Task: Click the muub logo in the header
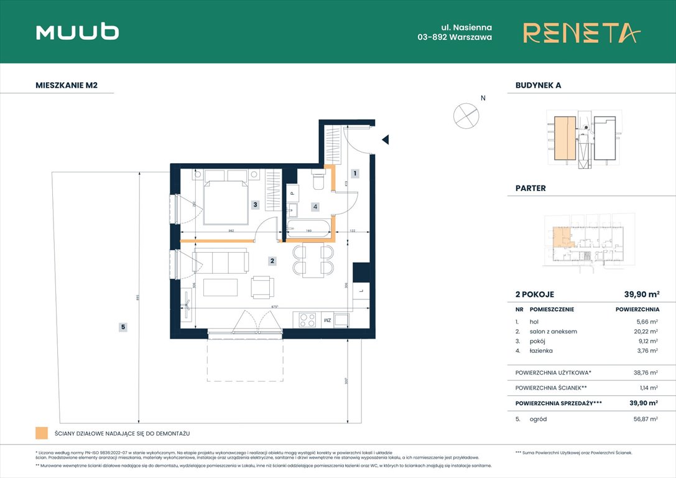point(78,32)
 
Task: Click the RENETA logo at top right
point(581,32)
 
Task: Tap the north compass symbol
point(466,115)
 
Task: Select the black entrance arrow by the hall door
point(386,139)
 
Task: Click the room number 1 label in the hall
point(354,174)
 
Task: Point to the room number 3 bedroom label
point(255,204)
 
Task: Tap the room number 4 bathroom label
point(315,206)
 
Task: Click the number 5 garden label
point(123,326)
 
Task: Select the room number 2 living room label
point(272,261)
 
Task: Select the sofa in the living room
point(220,261)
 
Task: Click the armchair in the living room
point(262,287)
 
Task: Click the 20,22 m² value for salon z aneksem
point(644,332)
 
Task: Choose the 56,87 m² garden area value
point(644,419)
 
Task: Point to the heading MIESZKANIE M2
point(67,86)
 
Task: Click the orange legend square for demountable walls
point(42,433)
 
